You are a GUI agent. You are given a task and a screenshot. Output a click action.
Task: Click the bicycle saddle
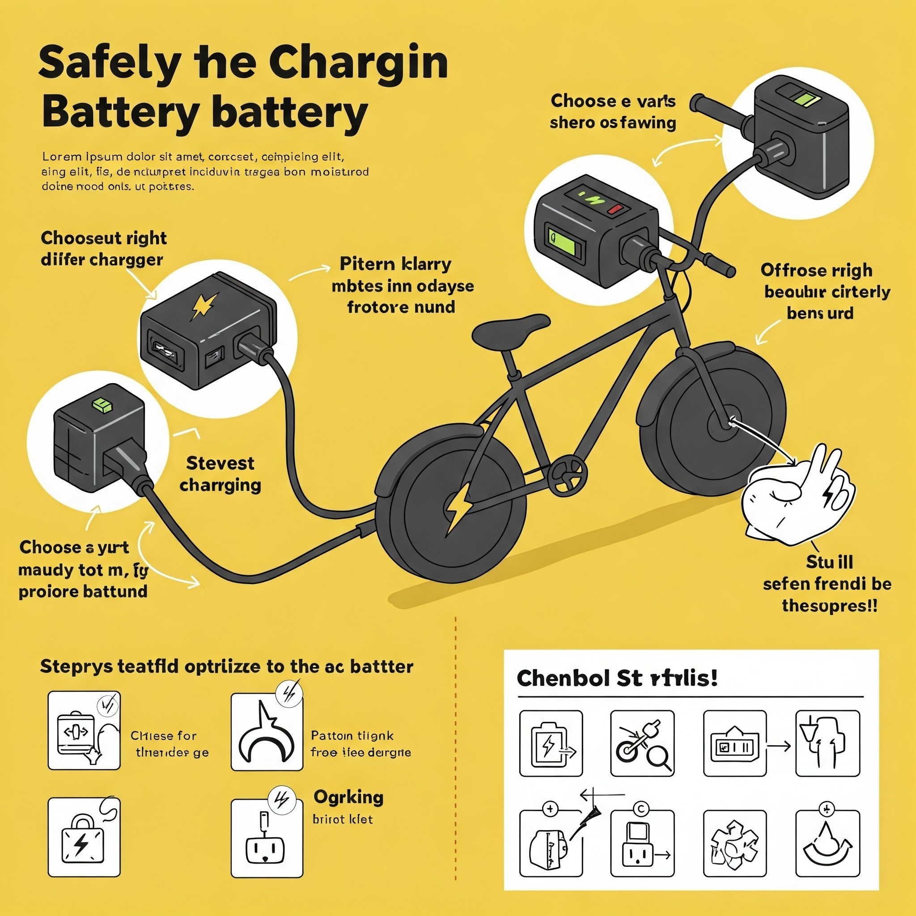[x=510, y=329]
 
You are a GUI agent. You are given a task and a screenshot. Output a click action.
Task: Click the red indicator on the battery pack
[x=615, y=209]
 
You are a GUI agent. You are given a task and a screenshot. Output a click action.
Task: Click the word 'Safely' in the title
[x=110, y=63]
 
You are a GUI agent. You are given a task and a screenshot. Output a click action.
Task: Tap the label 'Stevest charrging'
[x=220, y=474]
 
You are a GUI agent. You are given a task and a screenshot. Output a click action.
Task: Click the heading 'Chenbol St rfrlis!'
[x=616, y=678]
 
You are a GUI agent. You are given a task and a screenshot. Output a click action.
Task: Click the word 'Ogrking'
[x=348, y=797]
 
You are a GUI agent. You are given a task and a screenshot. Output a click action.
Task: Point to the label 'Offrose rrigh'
[x=816, y=270]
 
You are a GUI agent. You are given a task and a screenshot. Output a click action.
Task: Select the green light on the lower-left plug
[x=103, y=404]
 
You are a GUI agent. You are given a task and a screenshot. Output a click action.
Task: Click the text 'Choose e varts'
[x=613, y=101]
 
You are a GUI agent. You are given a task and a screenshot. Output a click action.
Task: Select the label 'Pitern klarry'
[x=395, y=264]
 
